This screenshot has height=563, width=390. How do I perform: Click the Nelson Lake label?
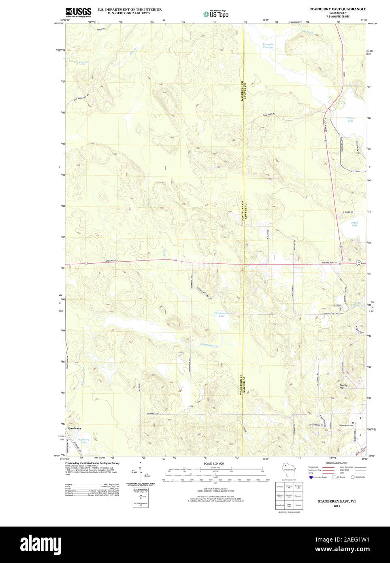(x=350, y=120)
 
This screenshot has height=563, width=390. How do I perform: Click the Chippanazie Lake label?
(x=222, y=315)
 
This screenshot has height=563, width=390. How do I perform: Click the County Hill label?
(x=344, y=386)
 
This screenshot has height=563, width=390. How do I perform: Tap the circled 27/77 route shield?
(x=359, y=263)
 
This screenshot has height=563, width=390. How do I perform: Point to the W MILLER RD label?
(x=347, y=212)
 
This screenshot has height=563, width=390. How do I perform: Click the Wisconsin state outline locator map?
(x=289, y=472)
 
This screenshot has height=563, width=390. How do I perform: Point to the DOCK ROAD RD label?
(x=269, y=114)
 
